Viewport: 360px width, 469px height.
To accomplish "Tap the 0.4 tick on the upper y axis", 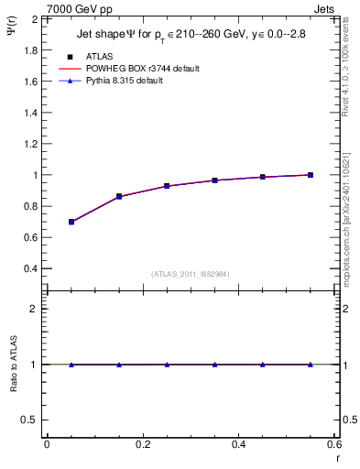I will coord(30,268).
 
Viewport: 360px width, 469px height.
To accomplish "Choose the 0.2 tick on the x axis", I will coord(142,444).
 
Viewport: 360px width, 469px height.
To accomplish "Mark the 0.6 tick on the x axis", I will coord(334,444).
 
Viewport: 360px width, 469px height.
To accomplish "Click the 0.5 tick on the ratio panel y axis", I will coord(30,420).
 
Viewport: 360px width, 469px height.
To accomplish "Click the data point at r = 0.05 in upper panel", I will coord(71,222).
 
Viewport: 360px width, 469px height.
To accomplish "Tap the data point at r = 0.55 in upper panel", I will coord(311,175).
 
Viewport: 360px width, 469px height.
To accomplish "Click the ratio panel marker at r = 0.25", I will coord(167,365).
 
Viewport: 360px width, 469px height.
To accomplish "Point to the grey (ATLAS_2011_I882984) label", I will coord(191,273).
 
